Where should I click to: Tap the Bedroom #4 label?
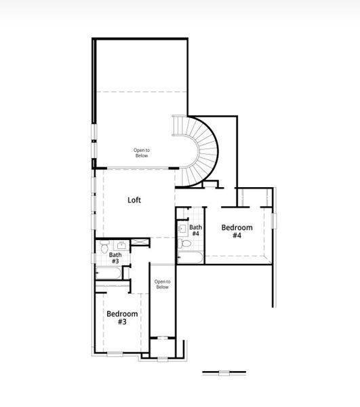237,231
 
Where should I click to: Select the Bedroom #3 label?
122,317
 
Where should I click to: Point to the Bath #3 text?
115,258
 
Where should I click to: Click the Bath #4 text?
195,230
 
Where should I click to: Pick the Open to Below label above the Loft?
141,153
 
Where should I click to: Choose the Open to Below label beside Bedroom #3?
162,284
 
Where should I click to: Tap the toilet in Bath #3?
103,249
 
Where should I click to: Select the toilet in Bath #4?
186,245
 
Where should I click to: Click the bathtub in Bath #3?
109,273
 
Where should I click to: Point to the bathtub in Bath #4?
190,258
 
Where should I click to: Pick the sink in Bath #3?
123,245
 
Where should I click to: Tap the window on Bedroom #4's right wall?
274,220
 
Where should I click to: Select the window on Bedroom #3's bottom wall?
115,353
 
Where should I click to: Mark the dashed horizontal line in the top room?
141,91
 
